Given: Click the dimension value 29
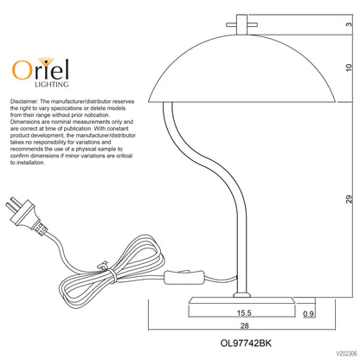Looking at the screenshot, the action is tap(349, 199).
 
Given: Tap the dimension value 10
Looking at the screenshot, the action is tap(349, 67).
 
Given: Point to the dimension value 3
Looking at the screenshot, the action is tap(349, 24).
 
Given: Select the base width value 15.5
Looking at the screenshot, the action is tap(244, 312).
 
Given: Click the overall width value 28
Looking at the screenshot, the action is tap(244, 325).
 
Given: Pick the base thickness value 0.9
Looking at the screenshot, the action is tap(308, 313).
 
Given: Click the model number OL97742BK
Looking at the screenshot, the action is tap(246, 344).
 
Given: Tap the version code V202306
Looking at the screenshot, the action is tap(346, 353).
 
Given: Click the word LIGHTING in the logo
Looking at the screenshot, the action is tap(52, 84).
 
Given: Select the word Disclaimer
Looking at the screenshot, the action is tap(24, 101).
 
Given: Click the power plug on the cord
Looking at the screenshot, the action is tap(26, 216).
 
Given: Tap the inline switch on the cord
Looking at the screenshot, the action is tap(185, 277).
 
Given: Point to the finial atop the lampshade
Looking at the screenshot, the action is tap(241, 24).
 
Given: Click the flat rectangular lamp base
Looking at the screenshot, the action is tap(241, 300).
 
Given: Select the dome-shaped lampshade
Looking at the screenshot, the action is tap(241, 68).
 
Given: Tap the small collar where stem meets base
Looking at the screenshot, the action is tap(241, 295).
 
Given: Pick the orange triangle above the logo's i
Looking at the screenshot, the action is tap(46, 61).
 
